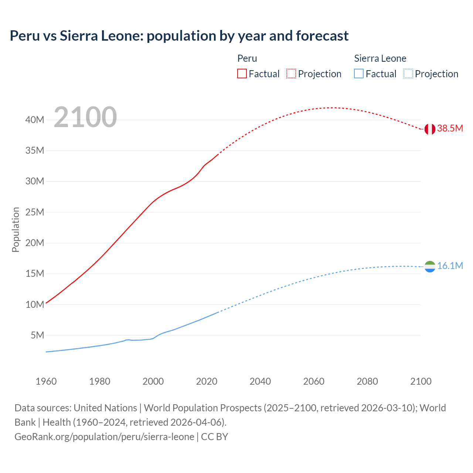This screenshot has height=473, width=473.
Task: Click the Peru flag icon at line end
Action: (x=429, y=129)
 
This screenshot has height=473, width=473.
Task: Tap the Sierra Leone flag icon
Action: (x=430, y=266)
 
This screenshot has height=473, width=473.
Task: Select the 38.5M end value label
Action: (x=450, y=129)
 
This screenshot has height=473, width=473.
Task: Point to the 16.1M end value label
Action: (x=450, y=266)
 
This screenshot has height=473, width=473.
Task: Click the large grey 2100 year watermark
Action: (x=85, y=117)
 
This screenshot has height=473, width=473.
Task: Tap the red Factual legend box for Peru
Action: (x=242, y=74)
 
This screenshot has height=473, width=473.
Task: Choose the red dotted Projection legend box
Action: (x=291, y=74)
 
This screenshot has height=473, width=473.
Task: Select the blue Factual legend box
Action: (x=359, y=74)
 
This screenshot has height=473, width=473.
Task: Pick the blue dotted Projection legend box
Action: (x=408, y=74)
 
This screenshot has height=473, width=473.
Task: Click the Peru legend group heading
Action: (x=247, y=58)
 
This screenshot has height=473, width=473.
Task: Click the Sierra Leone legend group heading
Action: (x=380, y=58)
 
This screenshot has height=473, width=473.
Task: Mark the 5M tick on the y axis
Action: (x=37, y=335)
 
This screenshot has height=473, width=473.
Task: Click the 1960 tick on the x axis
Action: (x=46, y=381)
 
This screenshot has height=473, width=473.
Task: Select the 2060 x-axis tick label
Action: (x=314, y=381)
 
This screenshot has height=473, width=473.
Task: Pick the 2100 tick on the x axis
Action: (x=421, y=381)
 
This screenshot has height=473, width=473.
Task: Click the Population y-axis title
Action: (x=16, y=229)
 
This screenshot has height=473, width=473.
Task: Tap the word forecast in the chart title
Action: (x=322, y=36)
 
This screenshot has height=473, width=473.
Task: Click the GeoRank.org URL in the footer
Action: (x=104, y=437)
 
